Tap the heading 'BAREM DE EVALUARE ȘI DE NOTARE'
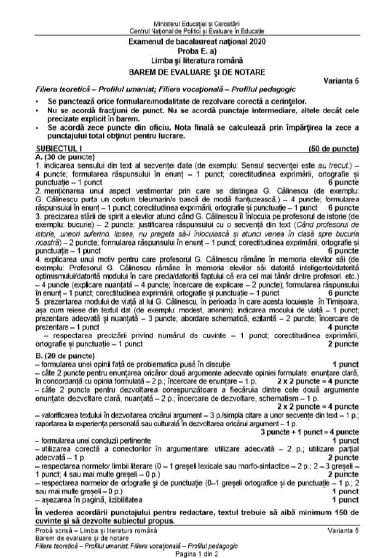[x=195, y=72]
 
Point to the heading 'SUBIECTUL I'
[x=50, y=148]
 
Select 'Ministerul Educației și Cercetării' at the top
[x=195, y=23]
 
